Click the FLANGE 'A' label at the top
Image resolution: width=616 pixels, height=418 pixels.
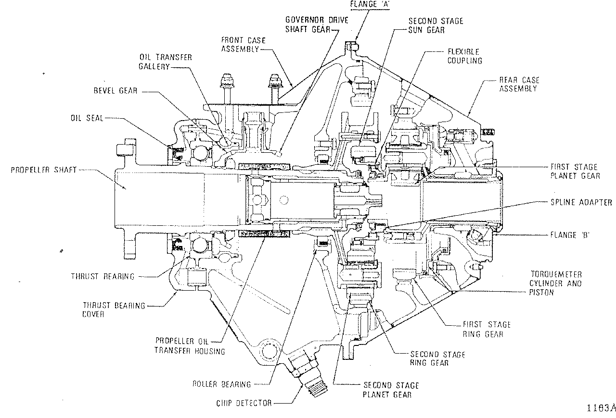370,4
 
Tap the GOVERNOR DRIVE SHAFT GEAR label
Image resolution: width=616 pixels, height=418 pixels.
317,25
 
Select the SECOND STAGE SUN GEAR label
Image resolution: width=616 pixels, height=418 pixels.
436,25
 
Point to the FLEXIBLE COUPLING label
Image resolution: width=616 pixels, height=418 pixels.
465,56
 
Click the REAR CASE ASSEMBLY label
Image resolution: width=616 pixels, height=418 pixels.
519,84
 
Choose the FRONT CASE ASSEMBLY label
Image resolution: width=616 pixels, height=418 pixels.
244,45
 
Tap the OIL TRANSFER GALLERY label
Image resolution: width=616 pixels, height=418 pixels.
165,62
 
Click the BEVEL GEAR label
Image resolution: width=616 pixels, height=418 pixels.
115,91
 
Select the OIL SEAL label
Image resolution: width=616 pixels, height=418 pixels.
87,118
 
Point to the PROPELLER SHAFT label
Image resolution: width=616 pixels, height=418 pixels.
43,170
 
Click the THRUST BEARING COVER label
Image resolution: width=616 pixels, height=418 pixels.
114,309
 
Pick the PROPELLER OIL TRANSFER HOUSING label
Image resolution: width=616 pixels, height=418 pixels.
190,346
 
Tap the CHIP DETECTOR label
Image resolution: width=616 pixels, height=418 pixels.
244,403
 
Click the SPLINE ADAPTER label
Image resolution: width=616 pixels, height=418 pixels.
581,202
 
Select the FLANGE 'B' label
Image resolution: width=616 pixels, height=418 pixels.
570,235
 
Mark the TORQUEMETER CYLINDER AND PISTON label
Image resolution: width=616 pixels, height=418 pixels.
555,283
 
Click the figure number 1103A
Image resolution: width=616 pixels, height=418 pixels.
601,408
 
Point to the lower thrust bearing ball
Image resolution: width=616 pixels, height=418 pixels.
200,246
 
